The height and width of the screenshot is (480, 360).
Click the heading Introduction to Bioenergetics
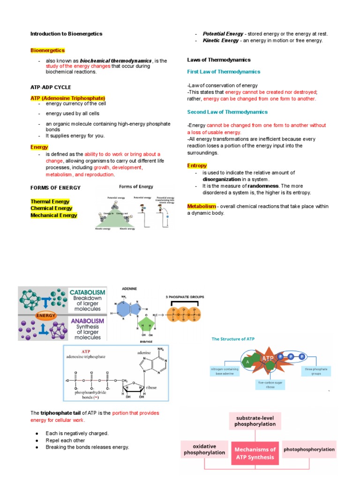[66, 34]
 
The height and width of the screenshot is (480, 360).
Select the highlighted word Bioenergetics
[47, 50]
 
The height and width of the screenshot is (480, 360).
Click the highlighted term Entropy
[197, 165]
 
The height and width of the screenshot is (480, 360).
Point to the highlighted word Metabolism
[202, 206]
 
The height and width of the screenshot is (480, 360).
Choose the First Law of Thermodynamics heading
[224, 72]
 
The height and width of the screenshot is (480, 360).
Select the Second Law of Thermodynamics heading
[227, 112]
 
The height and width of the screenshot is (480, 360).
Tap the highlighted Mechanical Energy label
[54, 215]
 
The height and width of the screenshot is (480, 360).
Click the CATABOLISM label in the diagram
[87, 292]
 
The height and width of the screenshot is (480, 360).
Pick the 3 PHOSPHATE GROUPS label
[182, 297]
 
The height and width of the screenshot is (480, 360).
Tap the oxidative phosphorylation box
[204, 450]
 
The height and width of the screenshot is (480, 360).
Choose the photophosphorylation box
[309, 449]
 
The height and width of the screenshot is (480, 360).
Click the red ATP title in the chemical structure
[86, 350]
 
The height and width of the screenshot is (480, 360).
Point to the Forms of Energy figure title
[136, 187]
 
